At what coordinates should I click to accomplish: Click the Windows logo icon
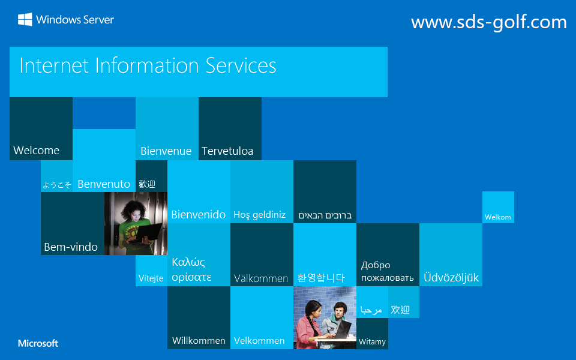(25, 20)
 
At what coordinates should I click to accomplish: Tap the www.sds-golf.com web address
(488, 22)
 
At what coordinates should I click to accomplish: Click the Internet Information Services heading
(148, 65)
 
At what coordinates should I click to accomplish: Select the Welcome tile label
(37, 151)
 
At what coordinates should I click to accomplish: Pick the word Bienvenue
(166, 151)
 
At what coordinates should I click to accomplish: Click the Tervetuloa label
(227, 151)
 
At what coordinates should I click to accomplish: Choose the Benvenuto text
(104, 184)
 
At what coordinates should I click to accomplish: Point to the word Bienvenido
(199, 215)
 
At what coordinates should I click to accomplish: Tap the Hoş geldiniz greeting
(259, 215)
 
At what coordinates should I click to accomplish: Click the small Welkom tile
(498, 217)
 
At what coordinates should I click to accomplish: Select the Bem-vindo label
(71, 247)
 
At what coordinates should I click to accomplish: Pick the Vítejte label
(151, 278)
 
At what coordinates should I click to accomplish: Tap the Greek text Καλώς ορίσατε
(191, 269)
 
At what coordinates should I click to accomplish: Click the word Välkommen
(261, 278)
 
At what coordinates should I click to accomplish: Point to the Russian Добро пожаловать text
(387, 271)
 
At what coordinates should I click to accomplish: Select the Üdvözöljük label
(451, 278)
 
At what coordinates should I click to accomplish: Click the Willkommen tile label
(199, 341)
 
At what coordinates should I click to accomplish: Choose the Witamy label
(372, 342)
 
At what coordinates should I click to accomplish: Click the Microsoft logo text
(38, 344)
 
